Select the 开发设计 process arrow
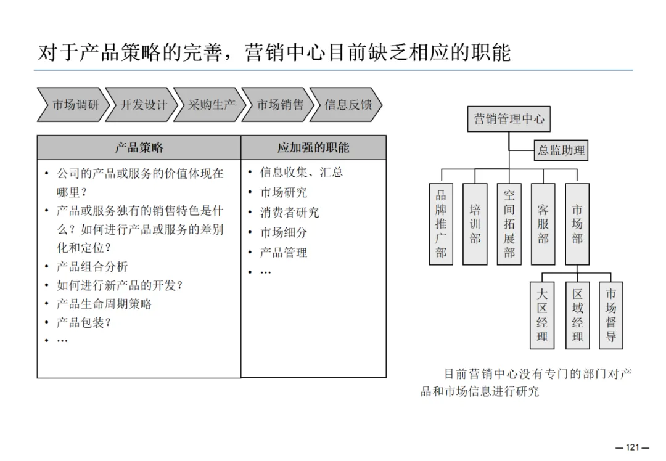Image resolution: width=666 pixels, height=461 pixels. (x=143, y=105)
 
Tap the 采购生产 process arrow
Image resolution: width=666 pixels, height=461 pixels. (x=212, y=105)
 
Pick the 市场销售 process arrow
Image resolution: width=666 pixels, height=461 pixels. (x=280, y=105)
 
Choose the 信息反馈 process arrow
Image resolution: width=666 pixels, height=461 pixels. (x=347, y=105)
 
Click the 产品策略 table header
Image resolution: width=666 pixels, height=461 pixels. (x=139, y=148)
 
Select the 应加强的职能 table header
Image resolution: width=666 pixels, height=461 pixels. (x=313, y=148)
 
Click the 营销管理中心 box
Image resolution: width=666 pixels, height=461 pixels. (x=509, y=119)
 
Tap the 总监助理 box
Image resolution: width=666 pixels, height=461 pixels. (x=561, y=150)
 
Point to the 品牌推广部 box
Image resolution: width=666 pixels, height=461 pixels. (x=441, y=224)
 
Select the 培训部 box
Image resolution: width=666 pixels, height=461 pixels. (x=475, y=224)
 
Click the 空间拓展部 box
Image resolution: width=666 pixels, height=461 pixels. (x=509, y=224)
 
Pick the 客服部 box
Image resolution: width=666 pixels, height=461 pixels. (x=543, y=224)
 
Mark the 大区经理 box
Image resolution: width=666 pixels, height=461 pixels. (x=542, y=316)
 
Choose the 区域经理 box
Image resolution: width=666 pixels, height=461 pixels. (x=577, y=316)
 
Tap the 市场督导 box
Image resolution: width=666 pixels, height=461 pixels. (x=610, y=316)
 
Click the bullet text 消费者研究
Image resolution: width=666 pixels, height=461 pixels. (x=289, y=213)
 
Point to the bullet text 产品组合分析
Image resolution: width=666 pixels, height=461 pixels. (x=92, y=267)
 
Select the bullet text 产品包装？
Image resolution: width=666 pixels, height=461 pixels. (x=84, y=322)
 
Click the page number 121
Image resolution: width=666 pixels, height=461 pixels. (x=633, y=447)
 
